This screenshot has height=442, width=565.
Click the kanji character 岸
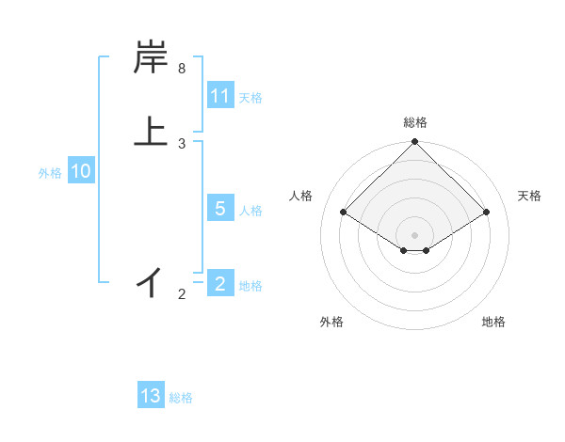click(151, 58)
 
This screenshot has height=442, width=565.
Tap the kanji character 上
click(151, 130)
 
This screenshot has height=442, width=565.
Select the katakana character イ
click(151, 281)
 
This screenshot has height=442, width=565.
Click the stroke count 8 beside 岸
click(182, 69)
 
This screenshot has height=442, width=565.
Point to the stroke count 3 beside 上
click(182, 143)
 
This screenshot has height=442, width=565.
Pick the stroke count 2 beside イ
click(182, 294)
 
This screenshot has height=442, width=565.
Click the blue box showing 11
click(220, 96)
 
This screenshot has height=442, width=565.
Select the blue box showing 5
click(220, 209)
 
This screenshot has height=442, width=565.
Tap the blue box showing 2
click(220, 284)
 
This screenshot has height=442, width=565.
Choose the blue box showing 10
click(81, 171)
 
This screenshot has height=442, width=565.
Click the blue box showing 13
click(151, 396)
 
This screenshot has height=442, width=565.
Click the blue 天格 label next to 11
click(250, 97)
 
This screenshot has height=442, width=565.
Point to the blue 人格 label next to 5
click(250, 210)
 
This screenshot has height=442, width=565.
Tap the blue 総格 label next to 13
click(181, 397)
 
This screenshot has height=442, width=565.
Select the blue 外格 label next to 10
click(50, 172)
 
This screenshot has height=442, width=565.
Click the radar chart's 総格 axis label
click(414, 122)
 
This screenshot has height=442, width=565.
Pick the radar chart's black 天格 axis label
click(529, 196)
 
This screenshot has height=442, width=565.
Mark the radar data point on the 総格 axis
click(414, 143)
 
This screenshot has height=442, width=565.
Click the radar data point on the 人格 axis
click(343, 212)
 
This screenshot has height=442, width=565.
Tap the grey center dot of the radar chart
click(414, 234)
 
